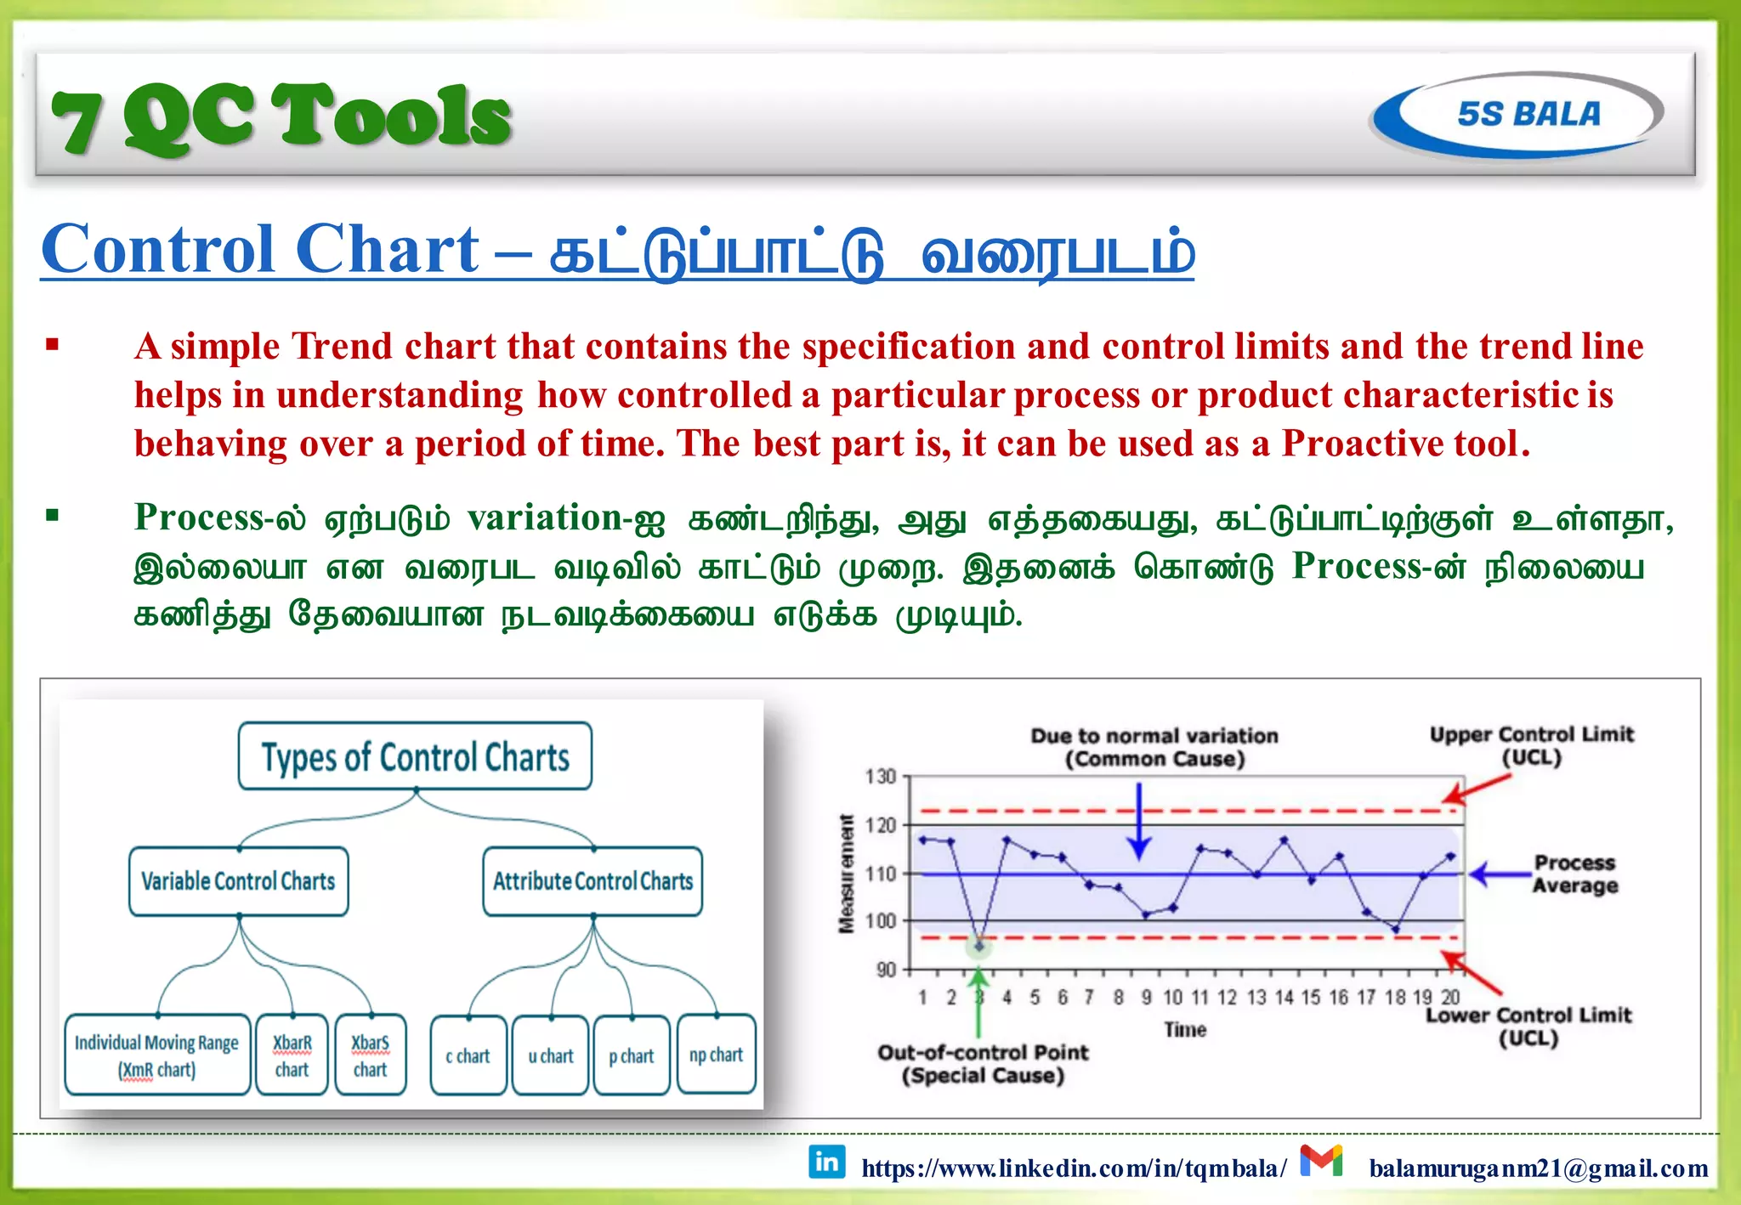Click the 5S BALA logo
pyautogui.click(x=1517, y=115)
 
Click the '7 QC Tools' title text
pyautogui.click(x=281, y=117)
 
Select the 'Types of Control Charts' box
pyautogui.click(x=415, y=756)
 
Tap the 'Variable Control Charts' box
pyautogui.click(x=238, y=881)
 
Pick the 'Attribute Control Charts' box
pyautogui.click(x=593, y=881)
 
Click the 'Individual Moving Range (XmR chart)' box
pyautogui.click(x=157, y=1055)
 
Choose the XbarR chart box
pyautogui.click(x=292, y=1055)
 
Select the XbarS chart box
pyautogui.click(x=370, y=1055)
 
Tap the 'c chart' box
pyautogui.click(x=468, y=1055)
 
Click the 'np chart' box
pyautogui.click(x=716, y=1055)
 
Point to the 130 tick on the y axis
pyautogui.click(x=881, y=776)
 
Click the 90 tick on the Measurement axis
pyautogui.click(x=886, y=970)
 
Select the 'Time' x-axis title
pyautogui.click(x=1185, y=1029)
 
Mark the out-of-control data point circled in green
pyautogui.click(x=979, y=945)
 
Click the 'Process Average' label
pyautogui.click(x=1574, y=874)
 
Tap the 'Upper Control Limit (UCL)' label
pyautogui.click(x=1531, y=745)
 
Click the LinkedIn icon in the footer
pyautogui.click(x=826, y=1162)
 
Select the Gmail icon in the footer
pyautogui.click(x=1321, y=1161)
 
